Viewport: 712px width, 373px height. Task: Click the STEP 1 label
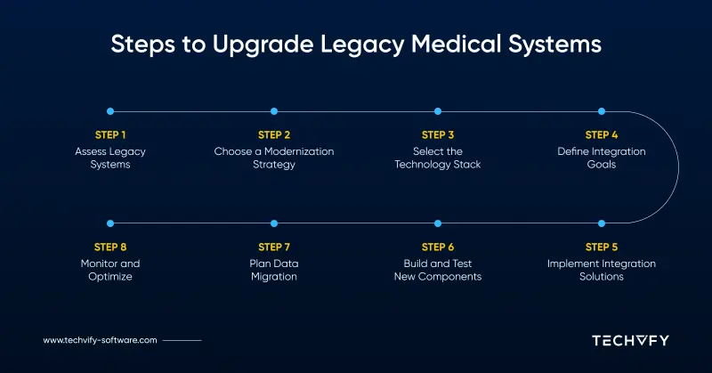[x=110, y=135]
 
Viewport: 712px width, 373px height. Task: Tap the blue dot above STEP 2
[x=274, y=111]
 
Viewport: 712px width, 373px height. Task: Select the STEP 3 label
[x=438, y=135]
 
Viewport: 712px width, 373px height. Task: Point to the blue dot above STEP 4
[x=602, y=111]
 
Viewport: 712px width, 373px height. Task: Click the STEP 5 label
[x=602, y=247]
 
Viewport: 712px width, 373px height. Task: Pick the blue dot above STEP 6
[x=438, y=223]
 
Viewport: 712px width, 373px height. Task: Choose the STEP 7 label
[x=274, y=247]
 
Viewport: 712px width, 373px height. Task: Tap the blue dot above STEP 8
[x=110, y=223]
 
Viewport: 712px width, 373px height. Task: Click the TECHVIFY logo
[x=630, y=340]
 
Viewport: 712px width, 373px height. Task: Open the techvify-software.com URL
[x=100, y=340]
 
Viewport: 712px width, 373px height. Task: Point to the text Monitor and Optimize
[x=110, y=270]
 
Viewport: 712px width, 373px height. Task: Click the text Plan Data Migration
[x=274, y=270]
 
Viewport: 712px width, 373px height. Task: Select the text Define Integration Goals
[x=602, y=158]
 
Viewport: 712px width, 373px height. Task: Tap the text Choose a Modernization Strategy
[x=274, y=158]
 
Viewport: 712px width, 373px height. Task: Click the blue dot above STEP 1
[x=110, y=111]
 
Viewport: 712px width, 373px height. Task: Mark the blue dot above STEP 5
[x=602, y=223]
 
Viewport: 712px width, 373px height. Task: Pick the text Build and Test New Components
[x=438, y=270]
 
